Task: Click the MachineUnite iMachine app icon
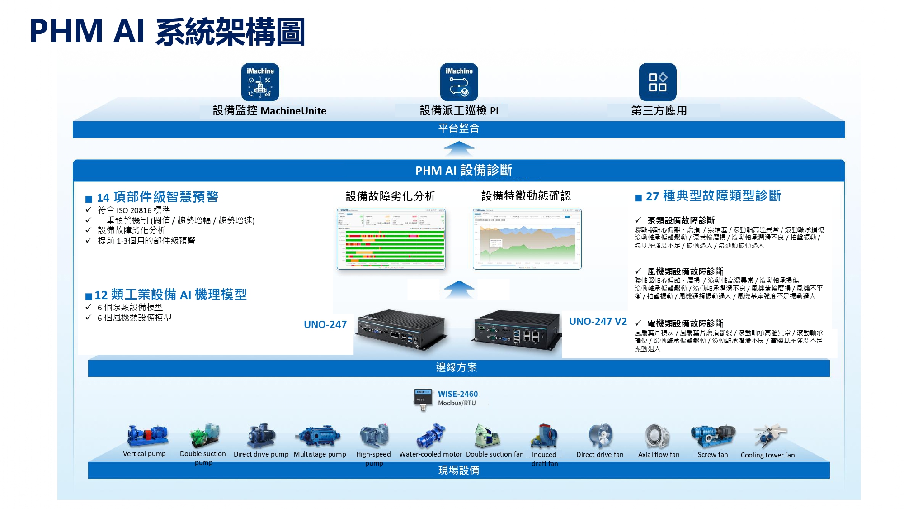click(x=260, y=82)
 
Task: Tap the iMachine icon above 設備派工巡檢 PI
click(x=459, y=82)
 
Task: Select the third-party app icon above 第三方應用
click(x=657, y=82)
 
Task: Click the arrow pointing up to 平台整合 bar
click(x=459, y=148)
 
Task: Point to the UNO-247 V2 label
click(x=598, y=322)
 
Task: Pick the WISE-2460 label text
click(x=457, y=394)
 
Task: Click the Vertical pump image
click(x=147, y=436)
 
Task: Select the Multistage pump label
click(x=320, y=454)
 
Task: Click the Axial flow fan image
click(x=657, y=436)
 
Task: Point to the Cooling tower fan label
click(x=767, y=455)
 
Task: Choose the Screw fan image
click(x=712, y=435)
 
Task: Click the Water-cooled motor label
click(x=430, y=454)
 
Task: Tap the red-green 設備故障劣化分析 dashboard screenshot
click(x=391, y=239)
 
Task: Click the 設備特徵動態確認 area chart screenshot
click(x=527, y=239)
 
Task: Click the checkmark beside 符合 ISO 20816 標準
click(x=89, y=210)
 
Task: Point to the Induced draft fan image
click(x=545, y=435)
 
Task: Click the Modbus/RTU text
click(x=457, y=403)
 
